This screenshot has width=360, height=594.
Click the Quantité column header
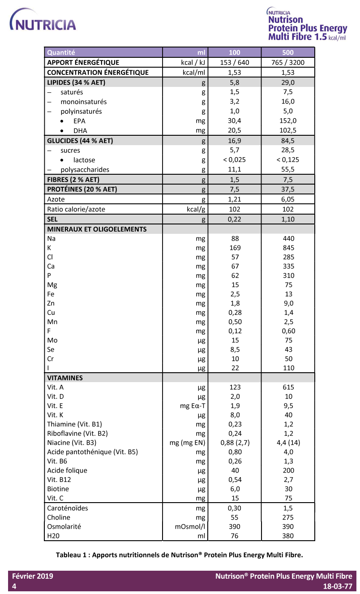(61, 52)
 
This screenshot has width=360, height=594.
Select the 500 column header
(288, 52)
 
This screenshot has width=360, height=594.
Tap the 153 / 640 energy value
(235, 62)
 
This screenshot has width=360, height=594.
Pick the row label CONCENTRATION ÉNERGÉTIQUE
(98, 72)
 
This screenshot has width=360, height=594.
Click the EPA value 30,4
(235, 121)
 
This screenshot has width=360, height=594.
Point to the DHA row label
(80, 130)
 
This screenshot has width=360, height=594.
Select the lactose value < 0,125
(288, 160)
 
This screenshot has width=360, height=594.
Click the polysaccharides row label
(85, 170)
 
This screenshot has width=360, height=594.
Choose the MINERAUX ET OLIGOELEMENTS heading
(97, 229)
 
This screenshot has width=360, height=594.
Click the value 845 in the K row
(288, 248)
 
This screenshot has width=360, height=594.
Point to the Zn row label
(51, 303)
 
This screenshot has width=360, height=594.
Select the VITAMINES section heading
(65, 378)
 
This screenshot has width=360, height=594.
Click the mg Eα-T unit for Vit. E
(192, 406)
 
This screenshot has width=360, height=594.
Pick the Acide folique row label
(67, 470)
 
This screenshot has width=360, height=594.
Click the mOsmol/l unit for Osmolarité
(190, 526)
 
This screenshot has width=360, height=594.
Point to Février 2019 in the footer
(32, 576)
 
